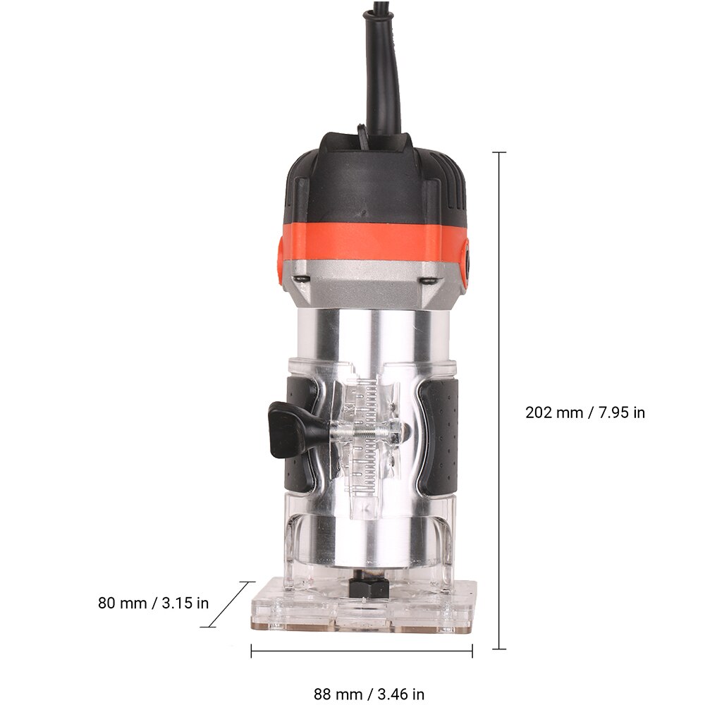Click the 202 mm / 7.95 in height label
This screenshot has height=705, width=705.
tap(584, 412)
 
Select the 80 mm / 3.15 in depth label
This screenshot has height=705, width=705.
tap(153, 603)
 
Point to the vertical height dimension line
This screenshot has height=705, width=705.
tap(500, 409)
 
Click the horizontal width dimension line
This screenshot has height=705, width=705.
tap(362, 652)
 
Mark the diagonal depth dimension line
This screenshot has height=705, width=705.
tap(227, 603)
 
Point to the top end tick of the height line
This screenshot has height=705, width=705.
tap(500, 152)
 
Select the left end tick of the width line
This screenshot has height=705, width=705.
tap(252, 652)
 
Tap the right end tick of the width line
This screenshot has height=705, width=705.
tap(472, 652)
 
